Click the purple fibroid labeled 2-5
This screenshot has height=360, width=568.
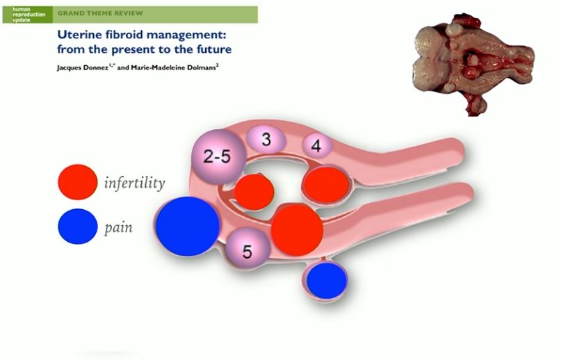point(218,156)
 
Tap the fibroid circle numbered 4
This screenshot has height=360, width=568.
point(316,146)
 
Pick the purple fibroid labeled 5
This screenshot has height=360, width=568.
point(247,248)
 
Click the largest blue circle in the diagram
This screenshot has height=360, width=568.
point(188,225)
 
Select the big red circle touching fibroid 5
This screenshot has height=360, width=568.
point(298,229)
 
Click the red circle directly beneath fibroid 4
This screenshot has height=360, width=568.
point(325,184)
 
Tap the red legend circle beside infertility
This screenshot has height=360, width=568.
point(78,183)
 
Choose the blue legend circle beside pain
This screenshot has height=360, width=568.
point(78,227)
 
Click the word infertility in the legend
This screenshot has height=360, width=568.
point(134,183)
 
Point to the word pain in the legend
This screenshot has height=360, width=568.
point(118,227)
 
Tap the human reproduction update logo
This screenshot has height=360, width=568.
point(26,13)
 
